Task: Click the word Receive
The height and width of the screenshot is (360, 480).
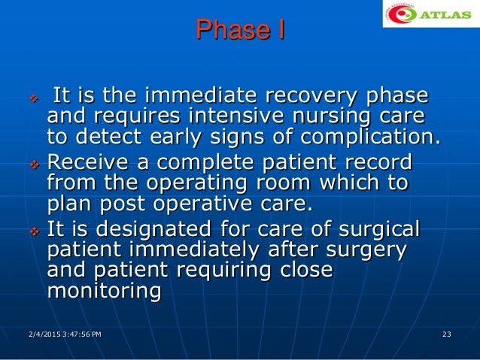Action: pos(89,162)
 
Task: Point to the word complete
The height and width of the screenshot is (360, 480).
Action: pos(223,162)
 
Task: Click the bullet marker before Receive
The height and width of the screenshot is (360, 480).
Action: pos(32,164)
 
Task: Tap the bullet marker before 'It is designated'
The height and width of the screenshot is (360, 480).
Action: pos(32,230)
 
